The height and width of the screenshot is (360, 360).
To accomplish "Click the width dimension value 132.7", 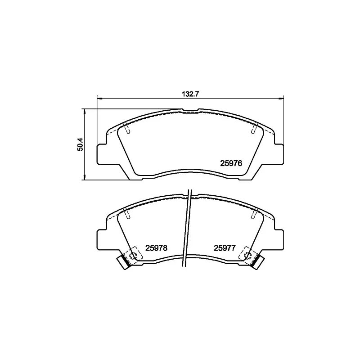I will coord(190,94).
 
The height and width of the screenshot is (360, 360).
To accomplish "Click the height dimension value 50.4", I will coord(80,144).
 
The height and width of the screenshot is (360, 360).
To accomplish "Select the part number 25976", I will coord(231,164).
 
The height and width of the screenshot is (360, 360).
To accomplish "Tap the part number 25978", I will coord(157,247).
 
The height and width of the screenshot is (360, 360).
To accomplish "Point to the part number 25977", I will coord(225,247).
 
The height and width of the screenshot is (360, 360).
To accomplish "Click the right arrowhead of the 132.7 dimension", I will coord(282,99).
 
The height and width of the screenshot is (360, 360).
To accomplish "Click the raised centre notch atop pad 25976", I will coord(191,110).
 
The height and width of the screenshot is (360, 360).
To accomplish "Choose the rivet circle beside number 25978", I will coord(133,255).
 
